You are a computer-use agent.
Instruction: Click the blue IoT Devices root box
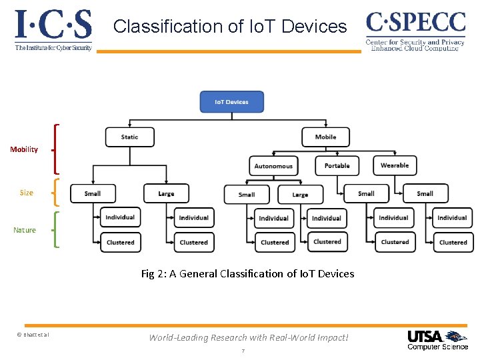pos(232,102)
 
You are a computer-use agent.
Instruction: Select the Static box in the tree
pos(129,137)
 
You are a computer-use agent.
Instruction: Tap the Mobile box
pos(325,137)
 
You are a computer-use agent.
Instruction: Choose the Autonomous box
pos(273,166)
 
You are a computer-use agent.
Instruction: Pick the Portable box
pos(337,166)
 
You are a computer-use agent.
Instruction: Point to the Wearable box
pos(395,165)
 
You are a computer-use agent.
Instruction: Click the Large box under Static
pos(166,193)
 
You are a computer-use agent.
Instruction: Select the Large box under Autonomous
pos(300,195)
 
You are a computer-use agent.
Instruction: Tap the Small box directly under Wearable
pos(425,193)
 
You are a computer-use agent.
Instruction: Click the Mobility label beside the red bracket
pos(24,149)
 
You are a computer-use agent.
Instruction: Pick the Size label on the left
pos(26,193)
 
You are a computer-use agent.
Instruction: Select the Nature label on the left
pos(25,230)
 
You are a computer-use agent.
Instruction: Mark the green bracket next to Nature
pos(55,229)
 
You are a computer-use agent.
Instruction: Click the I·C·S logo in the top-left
pos(53,30)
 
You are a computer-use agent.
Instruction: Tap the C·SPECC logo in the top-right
pos(415,30)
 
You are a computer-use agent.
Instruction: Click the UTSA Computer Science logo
pos(437,339)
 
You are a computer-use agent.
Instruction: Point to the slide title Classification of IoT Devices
pos(230,27)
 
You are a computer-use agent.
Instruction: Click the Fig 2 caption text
pos(247,273)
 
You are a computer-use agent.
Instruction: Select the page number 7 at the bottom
pos(243,351)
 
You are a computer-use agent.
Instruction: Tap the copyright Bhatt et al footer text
pos(33,334)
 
